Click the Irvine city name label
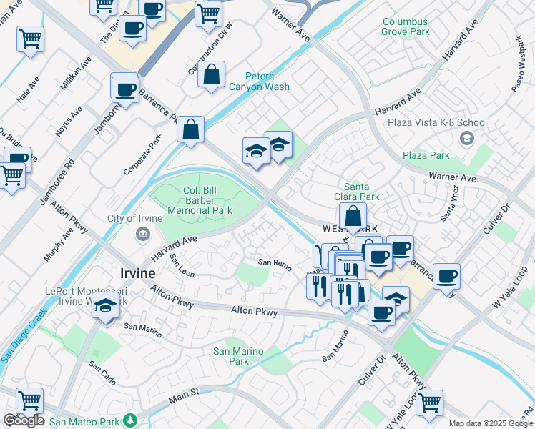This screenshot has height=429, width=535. [135, 274]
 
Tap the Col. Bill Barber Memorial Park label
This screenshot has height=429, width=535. [200, 201]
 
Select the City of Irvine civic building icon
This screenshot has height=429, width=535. [142, 234]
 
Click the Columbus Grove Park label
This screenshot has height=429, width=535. [406, 27]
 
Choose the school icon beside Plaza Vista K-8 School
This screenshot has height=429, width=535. [467, 138]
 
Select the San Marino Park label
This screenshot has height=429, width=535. [239, 356]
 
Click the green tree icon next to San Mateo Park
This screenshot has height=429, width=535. [129, 420]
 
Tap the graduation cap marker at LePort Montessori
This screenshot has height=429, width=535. [106, 306]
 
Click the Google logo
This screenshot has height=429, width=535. [24, 420]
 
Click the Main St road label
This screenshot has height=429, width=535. [184, 394]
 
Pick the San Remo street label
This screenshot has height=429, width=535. [275, 265]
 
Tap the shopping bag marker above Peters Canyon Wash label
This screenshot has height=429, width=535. [212, 75]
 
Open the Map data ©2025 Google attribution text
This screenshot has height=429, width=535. [490, 423]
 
